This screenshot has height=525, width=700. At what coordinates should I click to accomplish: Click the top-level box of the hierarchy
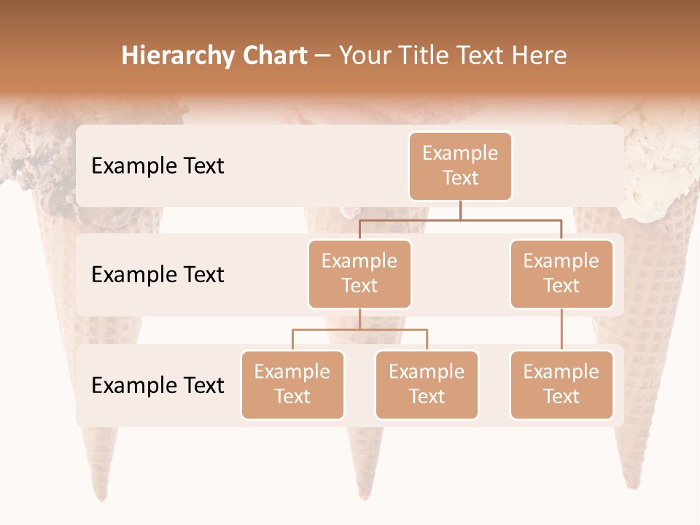coord(460,166)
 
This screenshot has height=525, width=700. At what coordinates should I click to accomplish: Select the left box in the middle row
coord(359,273)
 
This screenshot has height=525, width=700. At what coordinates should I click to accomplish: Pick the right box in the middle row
coord(561,273)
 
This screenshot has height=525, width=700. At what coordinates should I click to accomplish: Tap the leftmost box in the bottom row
coord(292,384)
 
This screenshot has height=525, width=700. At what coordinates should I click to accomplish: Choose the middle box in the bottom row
coord(427,384)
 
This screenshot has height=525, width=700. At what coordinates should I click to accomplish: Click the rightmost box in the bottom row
coord(561,384)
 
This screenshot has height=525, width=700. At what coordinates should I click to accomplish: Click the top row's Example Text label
coord(157,166)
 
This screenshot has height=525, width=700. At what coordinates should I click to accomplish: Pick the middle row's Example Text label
coord(157,274)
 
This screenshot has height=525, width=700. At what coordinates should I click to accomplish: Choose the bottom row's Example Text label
coord(157,385)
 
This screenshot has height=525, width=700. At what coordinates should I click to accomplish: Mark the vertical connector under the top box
coord(460,210)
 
